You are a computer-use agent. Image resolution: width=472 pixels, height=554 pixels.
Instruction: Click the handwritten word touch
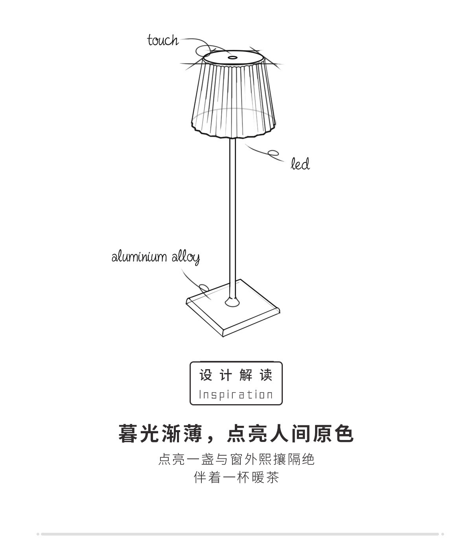[163, 40]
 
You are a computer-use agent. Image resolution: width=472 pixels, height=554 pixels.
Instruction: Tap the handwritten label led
[300, 164]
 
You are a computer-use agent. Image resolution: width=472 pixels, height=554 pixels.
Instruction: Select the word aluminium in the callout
[139, 257]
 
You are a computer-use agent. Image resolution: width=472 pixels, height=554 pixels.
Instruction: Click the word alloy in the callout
[186, 258]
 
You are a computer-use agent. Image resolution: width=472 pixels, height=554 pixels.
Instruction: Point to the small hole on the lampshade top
[232, 58]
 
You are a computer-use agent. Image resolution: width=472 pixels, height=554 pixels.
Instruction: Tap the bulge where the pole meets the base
[232, 302]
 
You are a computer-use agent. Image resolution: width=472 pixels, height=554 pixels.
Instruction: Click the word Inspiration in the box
[236, 394]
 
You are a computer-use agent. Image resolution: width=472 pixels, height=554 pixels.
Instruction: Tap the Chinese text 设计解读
[236, 375]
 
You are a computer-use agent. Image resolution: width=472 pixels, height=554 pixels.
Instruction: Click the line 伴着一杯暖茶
[236, 478]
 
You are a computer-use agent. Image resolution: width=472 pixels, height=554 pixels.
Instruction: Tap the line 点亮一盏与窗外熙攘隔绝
[236, 459]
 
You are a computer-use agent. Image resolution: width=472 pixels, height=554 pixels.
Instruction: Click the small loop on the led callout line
[273, 153]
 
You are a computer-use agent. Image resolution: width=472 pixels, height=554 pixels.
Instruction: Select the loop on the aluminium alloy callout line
[203, 288]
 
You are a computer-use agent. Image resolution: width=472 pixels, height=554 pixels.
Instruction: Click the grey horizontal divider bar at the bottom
[240, 534]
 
